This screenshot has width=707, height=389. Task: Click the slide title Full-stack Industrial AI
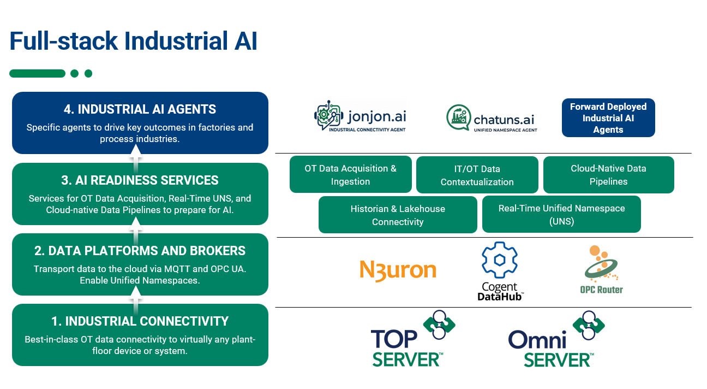pyautogui.click(x=134, y=42)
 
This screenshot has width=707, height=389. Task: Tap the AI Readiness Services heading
pyautogui.click(x=140, y=180)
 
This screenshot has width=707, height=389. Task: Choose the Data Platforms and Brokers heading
pyautogui.click(x=140, y=251)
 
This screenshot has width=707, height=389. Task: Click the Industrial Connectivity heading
pyautogui.click(x=140, y=321)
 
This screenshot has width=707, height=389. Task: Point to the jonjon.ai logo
pyautogui.click(x=360, y=116)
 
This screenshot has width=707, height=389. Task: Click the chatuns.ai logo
pyautogui.click(x=492, y=118)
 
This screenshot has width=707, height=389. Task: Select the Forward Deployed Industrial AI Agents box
pyautogui.click(x=608, y=118)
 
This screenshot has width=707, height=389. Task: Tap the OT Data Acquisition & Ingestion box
pyautogui.click(x=350, y=175)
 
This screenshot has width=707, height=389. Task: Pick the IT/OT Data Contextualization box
pyautogui.click(x=477, y=175)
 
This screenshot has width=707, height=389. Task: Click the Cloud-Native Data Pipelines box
pyautogui.click(x=608, y=175)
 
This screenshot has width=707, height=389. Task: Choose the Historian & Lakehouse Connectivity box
pyautogui.click(x=398, y=215)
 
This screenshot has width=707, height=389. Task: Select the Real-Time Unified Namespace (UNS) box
pyautogui.click(x=561, y=215)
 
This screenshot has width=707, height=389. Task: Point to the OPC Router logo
pyautogui.click(x=601, y=270)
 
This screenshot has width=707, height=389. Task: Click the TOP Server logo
pyautogui.click(x=412, y=340)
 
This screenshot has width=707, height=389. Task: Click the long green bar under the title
pyautogui.click(x=37, y=74)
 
